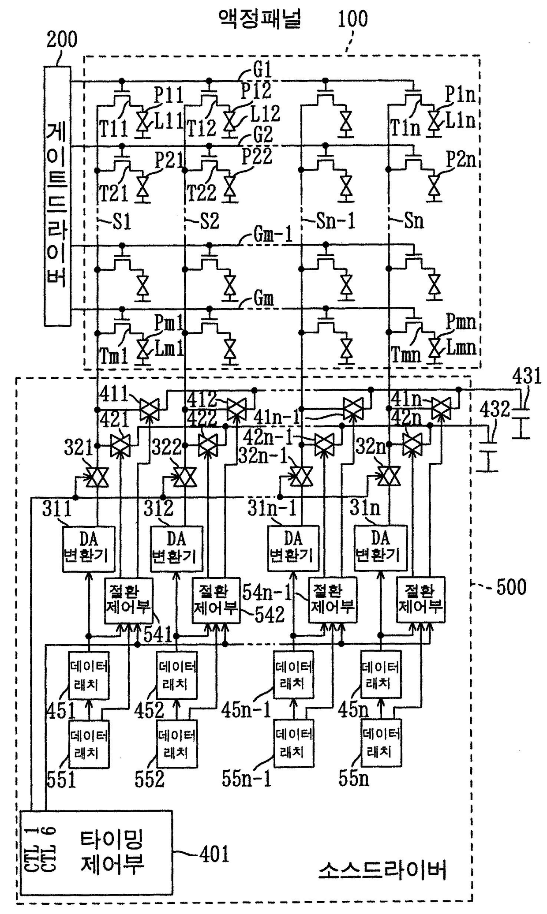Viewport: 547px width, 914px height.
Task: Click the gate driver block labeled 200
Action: pos(57,196)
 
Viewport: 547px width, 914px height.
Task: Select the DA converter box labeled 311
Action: pos(89,548)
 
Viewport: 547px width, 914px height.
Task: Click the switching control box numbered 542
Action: pos(216,600)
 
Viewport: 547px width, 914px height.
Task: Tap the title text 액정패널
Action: pos(260,18)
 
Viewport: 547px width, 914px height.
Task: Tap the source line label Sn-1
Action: pos(335,221)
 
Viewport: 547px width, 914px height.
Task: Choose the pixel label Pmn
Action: pos(461,322)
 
